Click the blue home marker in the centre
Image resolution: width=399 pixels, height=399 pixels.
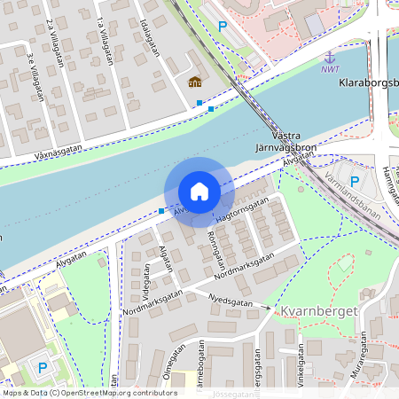[x=199, y=192]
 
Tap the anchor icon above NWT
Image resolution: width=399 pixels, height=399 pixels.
[x=330, y=57]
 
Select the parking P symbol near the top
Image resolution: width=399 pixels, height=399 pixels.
[x=223, y=27]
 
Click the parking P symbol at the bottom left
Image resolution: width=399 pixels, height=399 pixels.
[x=42, y=366]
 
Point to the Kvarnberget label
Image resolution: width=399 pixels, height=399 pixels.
[x=320, y=311]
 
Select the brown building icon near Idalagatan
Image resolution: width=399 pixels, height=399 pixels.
[x=194, y=82]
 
